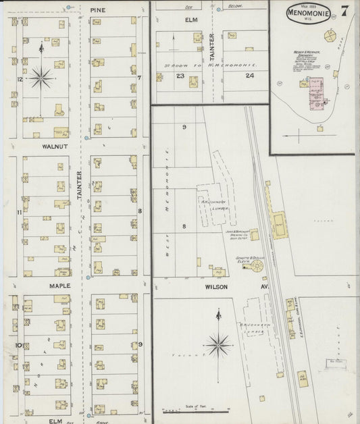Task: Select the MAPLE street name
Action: point(54,286)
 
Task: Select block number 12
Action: point(20,80)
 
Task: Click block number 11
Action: point(20,213)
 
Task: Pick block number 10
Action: point(20,345)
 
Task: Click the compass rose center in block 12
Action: point(41,78)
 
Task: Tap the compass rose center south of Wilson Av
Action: point(218,345)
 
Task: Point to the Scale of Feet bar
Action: point(196,410)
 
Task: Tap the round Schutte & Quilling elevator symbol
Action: point(257,267)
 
